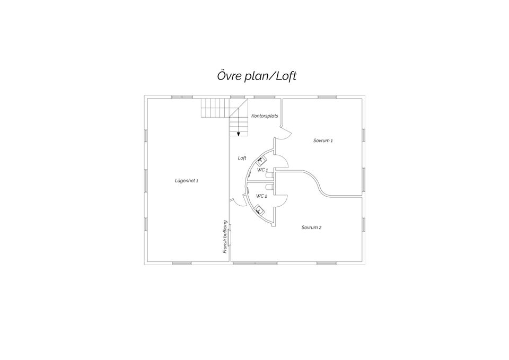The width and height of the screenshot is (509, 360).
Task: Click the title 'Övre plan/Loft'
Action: (x=257, y=76)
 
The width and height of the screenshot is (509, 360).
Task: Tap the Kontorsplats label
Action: (x=265, y=116)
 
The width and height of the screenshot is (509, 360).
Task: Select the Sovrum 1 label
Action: (x=323, y=141)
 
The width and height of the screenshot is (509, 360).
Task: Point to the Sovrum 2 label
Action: (x=311, y=227)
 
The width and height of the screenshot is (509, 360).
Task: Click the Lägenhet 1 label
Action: (x=186, y=180)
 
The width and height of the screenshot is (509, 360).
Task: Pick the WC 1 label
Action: (x=262, y=170)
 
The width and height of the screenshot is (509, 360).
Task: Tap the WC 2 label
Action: (x=261, y=196)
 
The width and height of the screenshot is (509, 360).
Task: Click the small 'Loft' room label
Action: (x=242, y=158)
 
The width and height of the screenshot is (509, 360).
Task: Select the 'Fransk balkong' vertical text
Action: (x=225, y=237)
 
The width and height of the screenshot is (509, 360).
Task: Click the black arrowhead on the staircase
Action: (x=239, y=134)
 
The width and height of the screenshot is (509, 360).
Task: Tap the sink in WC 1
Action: (x=261, y=160)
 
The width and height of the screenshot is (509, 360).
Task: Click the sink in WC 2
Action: (x=259, y=209)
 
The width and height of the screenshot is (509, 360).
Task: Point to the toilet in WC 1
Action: (x=270, y=175)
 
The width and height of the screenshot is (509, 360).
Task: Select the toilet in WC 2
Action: (x=270, y=187)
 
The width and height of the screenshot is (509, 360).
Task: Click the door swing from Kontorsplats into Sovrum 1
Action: (x=286, y=134)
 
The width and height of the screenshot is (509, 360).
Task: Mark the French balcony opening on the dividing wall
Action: (x=230, y=238)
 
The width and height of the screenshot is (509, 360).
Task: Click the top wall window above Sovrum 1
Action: (x=327, y=97)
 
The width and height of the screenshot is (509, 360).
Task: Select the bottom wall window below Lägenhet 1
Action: (x=182, y=263)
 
